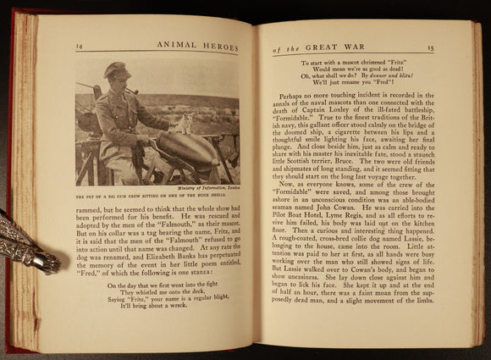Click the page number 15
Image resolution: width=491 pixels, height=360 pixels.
(x=454, y=49)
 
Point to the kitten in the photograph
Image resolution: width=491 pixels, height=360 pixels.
(x=185, y=125)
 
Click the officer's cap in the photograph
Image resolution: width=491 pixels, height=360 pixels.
(x=117, y=70)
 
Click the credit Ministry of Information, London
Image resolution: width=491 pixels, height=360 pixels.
(x=209, y=188)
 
